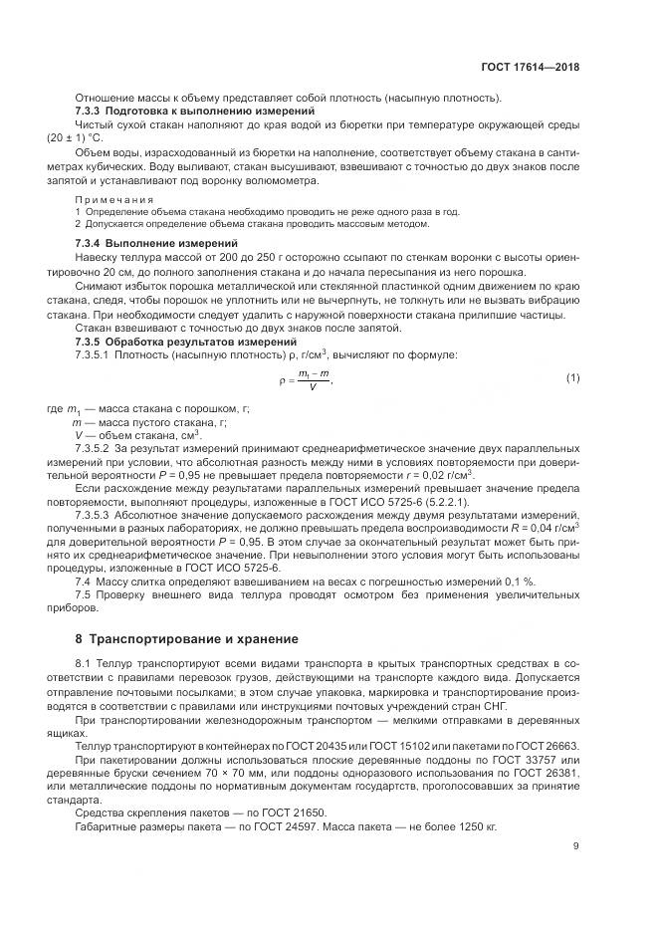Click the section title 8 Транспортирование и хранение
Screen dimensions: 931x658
pyautogui.click(x=188, y=637)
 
